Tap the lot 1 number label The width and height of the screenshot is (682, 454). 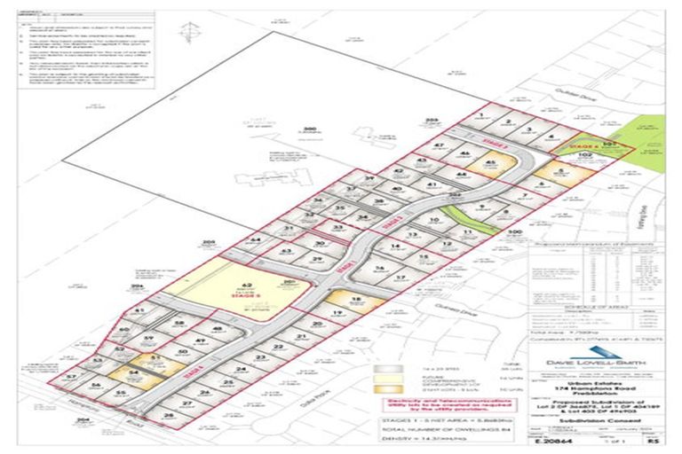click(480, 115)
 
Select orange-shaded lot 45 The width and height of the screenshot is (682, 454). click(490, 162)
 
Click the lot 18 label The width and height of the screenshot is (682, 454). click(355, 300)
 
